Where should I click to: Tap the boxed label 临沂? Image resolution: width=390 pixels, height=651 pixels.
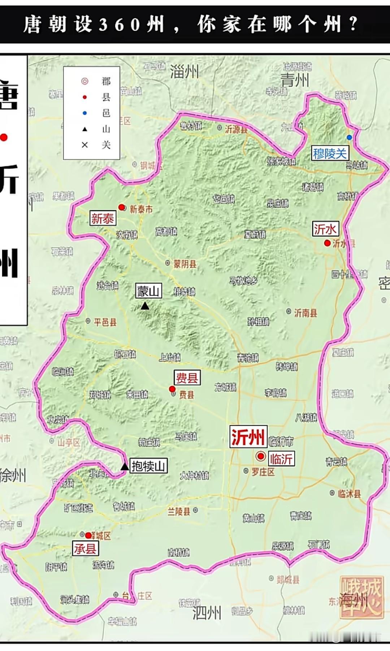tap(281, 459)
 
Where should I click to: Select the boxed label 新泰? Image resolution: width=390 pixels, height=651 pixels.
tap(103, 218)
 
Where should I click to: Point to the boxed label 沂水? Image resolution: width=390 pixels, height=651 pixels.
tap(325, 229)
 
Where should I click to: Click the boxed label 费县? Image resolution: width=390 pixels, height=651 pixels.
tap(187, 378)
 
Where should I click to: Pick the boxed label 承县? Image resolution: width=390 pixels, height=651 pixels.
tap(85, 549)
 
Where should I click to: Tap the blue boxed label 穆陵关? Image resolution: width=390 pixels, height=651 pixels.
tap(330, 154)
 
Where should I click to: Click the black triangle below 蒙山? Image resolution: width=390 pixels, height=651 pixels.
tap(145, 306)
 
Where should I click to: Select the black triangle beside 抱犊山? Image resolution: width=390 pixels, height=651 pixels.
tap(125, 466)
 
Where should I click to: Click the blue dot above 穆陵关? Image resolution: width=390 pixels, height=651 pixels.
tap(349, 137)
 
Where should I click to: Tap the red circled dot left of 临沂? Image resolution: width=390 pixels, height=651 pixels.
tap(260, 456)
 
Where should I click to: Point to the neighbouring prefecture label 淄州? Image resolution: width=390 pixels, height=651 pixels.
tap(185, 72)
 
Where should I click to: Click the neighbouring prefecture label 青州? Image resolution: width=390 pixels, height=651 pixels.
tap(295, 80)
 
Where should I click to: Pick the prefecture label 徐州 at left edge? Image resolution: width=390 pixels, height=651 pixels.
tap(13, 475)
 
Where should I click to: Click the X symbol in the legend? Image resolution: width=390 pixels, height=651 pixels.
tap(85, 145)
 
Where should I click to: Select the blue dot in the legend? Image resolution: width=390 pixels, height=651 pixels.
tap(85, 113)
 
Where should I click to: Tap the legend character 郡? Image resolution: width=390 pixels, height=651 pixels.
tap(106, 81)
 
